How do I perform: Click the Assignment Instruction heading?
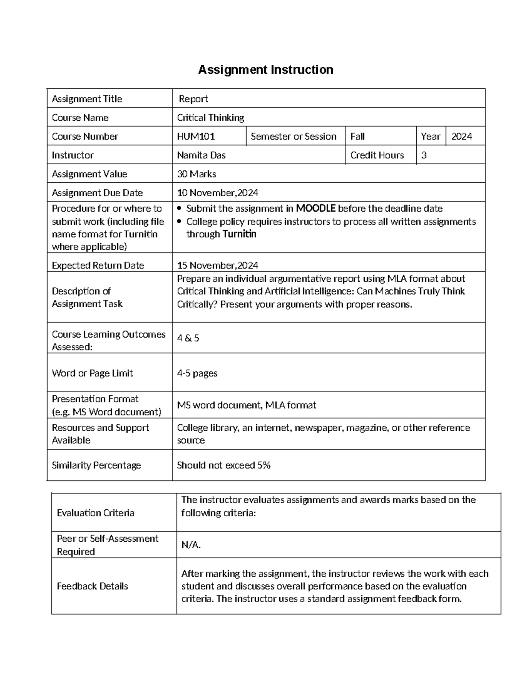click(266, 70)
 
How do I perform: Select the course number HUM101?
click(196, 137)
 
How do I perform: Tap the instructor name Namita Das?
click(201, 155)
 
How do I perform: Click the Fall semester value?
click(357, 137)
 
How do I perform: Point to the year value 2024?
click(462, 137)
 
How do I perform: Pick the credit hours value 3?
click(424, 155)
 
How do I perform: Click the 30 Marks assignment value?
click(196, 174)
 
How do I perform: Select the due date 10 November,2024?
click(217, 193)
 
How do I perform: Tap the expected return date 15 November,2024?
click(217, 266)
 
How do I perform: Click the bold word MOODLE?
click(315, 209)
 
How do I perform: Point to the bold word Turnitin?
click(239, 234)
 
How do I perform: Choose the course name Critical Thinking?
click(211, 118)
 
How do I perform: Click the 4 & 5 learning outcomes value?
click(188, 338)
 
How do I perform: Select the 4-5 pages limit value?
click(197, 373)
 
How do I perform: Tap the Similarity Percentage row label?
click(96, 465)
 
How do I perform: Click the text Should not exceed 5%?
click(223, 465)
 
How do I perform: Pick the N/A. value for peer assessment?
click(191, 545)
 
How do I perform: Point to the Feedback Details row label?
click(92, 586)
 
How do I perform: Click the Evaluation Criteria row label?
click(95, 513)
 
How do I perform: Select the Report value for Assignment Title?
click(193, 99)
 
